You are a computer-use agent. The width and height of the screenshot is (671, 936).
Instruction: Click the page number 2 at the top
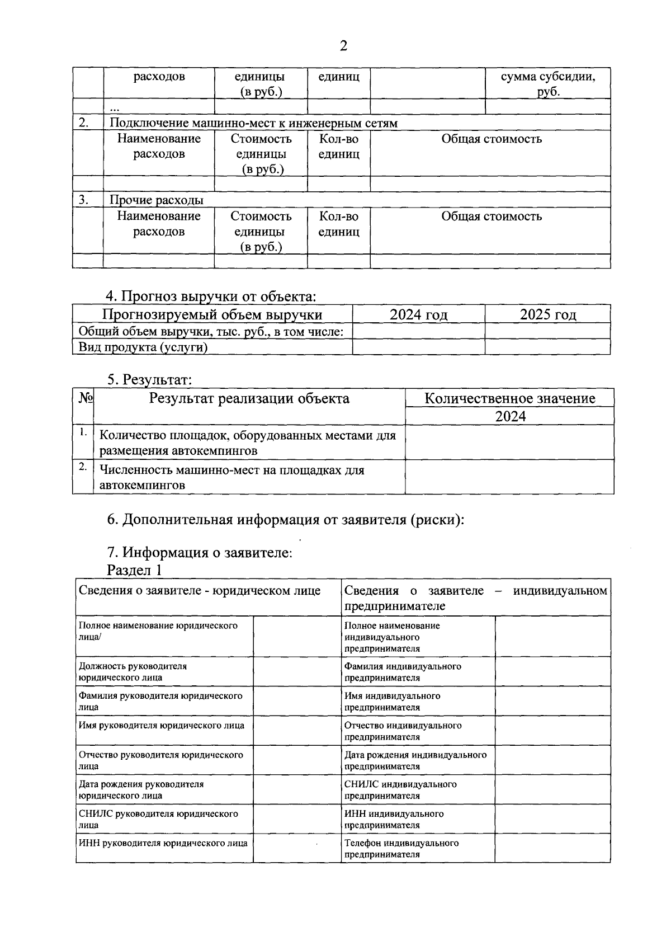pyautogui.click(x=343, y=46)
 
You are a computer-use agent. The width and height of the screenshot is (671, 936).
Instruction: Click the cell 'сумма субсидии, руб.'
pyautogui.click(x=547, y=84)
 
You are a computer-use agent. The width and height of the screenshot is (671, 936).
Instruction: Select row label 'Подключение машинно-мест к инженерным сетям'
pyautogui.click(x=253, y=123)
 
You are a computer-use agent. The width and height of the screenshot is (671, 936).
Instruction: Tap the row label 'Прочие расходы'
pyautogui.click(x=157, y=200)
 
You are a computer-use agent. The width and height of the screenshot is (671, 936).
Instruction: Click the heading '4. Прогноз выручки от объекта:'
pyautogui.click(x=211, y=296)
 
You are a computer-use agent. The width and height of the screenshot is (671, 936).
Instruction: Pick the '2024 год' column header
pyautogui.click(x=418, y=315)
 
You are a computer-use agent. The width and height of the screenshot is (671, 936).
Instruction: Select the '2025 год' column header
pyautogui.click(x=547, y=315)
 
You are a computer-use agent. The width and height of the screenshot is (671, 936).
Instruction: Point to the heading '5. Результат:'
pyautogui.click(x=149, y=380)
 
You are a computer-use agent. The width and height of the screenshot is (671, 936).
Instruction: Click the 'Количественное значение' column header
pyautogui.click(x=509, y=398)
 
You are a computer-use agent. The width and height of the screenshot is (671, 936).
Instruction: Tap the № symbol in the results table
pyautogui.click(x=86, y=398)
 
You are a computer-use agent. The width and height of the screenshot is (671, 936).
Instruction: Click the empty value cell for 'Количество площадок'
pyautogui.click(x=509, y=443)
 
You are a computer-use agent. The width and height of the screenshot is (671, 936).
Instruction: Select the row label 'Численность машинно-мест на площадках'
pyautogui.click(x=231, y=477)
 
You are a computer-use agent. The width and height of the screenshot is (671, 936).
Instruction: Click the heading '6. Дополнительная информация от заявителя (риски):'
pyautogui.click(x=286, y=520)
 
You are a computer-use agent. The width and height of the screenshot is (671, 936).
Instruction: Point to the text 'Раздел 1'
pyautogui.click(x=134, y=571)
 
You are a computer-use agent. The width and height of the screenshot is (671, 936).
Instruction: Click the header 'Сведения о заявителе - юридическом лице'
pyautogui.click(x=200, y=591)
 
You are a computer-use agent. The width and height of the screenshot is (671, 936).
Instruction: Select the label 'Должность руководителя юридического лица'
pyautogui.click(x=133, y=672)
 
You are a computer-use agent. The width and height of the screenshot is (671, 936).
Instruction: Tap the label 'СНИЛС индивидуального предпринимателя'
pyautogui.click(x=400, y=790)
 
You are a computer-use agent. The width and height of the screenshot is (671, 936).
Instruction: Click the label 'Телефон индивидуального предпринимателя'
pyautogui.click(x=401, y=849)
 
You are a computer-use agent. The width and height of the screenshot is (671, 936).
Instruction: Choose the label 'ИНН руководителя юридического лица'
pyautogui.click(x=163, y=843)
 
